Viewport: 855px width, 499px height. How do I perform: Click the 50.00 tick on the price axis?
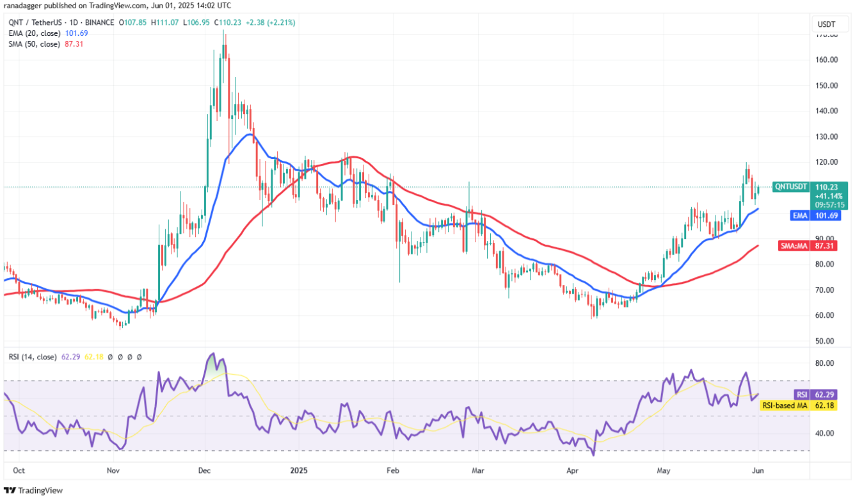[x=826, y=341]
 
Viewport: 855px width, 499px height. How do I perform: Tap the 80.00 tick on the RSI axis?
[x=826, y=363]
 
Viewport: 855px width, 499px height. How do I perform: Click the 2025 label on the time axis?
[x=299, y=470]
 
